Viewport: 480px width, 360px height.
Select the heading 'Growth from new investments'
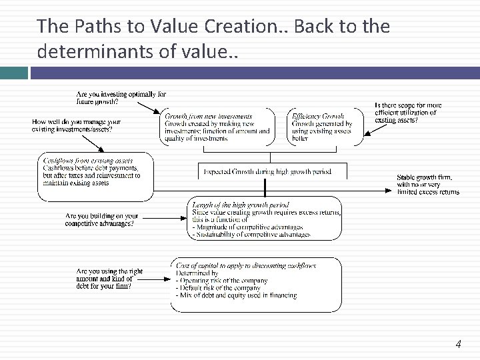pyautogui.click(x=209, y=117)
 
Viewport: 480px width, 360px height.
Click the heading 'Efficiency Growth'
pyautogui.click(x=318, y=117)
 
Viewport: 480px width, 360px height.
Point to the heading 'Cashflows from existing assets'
pyautogui.click(x=87, y=161)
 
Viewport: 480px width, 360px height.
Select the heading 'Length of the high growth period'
pyautogui.click(x=240, y=205)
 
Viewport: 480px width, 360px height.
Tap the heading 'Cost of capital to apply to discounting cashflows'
pyautogui.click(x=246, y=266)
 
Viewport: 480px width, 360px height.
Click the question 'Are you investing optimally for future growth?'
pyautogui.click(x=121, y=98)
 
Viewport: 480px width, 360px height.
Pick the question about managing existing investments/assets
pyautogui.click(x=76, y=125)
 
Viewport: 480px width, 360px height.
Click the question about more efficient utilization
pyautogui.click(x=408, y=113)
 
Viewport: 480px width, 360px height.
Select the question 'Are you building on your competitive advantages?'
pyautogui.click(x=102, y=219)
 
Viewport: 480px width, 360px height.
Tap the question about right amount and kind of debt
pyautogui.click(x=109, y=279)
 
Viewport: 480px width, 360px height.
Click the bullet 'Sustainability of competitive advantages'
pyautogui.click(x=250, y=235)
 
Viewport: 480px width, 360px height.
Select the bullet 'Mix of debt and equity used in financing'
pyautogui.click(x=236, y=295)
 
